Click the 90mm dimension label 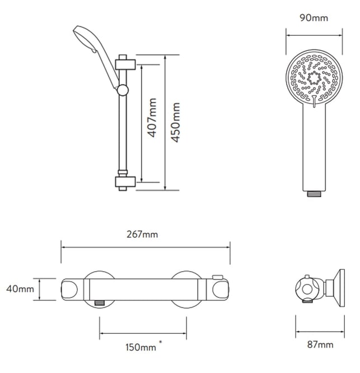314,18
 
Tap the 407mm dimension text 152,118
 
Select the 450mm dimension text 175,123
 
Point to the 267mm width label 142,234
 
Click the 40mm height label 20,289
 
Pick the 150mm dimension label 141,347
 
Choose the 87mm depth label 320,344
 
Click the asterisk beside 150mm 161,342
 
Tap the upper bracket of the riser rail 125,64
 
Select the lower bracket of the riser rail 125,182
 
